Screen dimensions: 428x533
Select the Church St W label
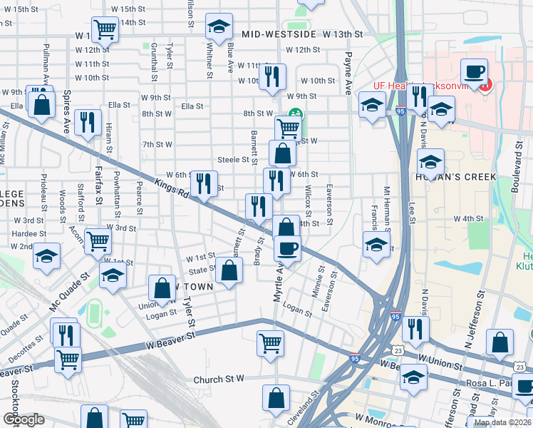219,379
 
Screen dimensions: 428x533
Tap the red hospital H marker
485,87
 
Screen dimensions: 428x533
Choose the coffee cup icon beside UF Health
474,71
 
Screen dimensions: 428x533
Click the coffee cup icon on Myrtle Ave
287,248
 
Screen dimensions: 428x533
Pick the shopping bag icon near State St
229,271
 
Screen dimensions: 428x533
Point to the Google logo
24,419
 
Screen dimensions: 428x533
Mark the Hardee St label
29,233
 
